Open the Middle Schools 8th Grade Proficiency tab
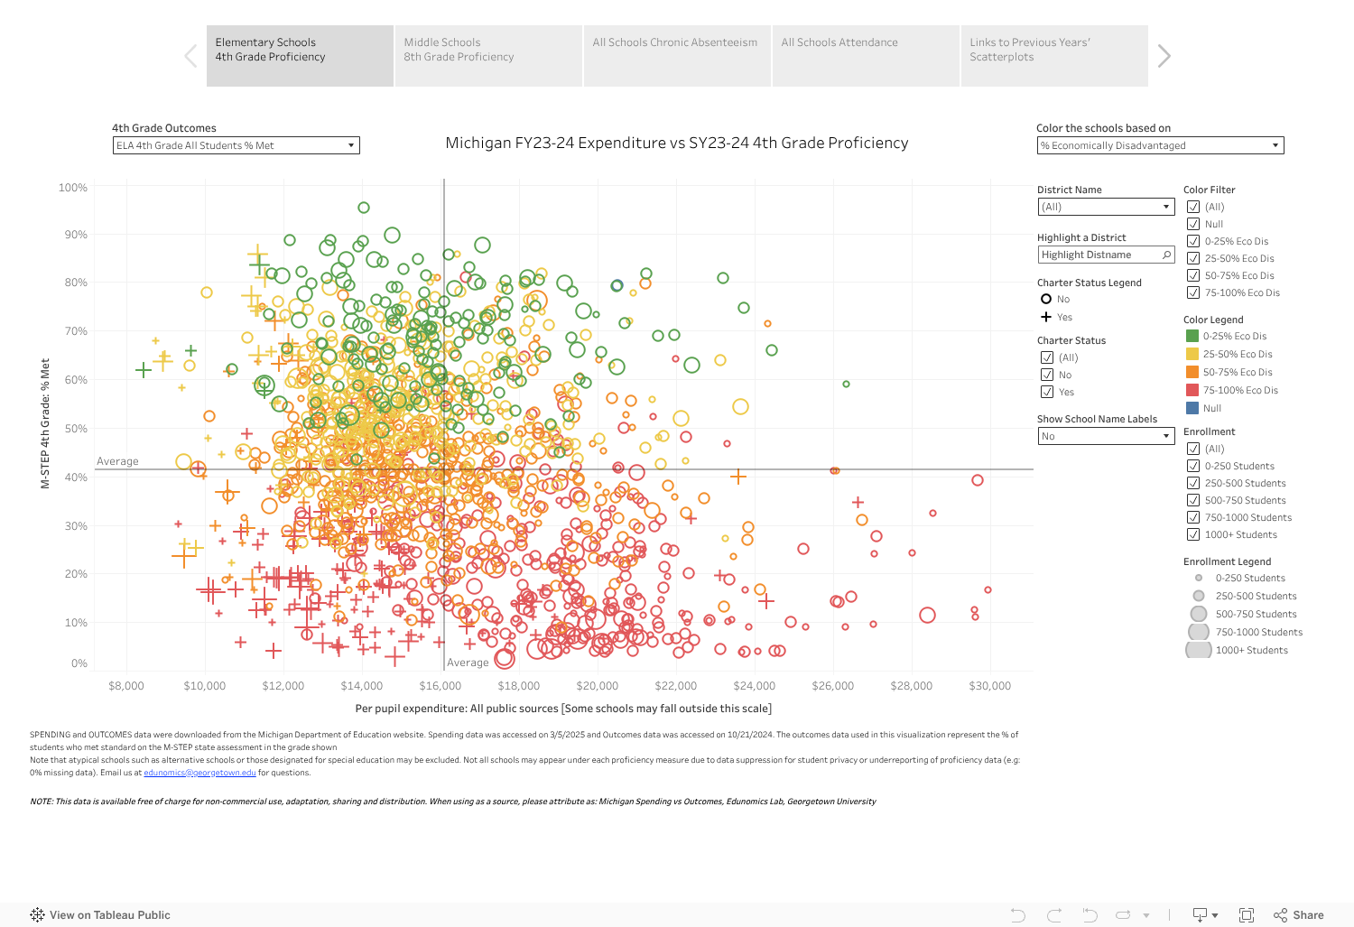click(x=487, y=55)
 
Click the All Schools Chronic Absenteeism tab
click(x=676, y=55)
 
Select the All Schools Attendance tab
click(x=865, y=55)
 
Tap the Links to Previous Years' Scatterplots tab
click(x=1053, y=55)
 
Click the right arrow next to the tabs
click(x=1164, y=56)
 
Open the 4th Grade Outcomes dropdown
click(x=236, y=145)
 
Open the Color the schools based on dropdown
click(x=1160, y=145)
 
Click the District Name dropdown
click(x=1106, y=207)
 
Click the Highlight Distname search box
click(x=1106, y=255)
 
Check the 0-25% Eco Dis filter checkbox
click(x=1193, y=241)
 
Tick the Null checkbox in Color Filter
click(x=1193, y=224)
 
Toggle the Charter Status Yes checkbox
click(x=1047, y=392)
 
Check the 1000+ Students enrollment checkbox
click(x=1193, y=534)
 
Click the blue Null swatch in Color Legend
click(x=1192, y=408)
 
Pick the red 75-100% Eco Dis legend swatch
click(x=1192, y=390)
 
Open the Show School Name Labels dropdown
click(x=1106, y=436)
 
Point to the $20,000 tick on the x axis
click(x=598, y=686)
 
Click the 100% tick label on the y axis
click(x=73, y=188)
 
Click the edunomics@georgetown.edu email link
click(x=199, y=773)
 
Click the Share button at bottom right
click(x=1299, y=915)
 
